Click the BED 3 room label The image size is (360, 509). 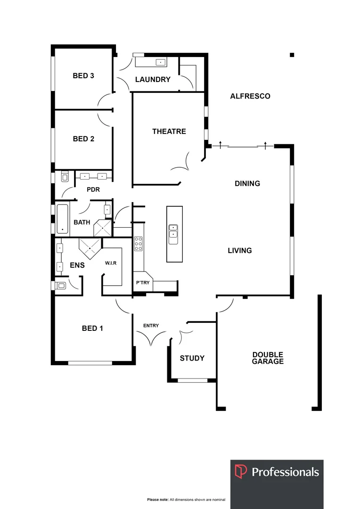click(x=83, y=75)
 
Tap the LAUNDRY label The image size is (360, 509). click(x=153, y=79)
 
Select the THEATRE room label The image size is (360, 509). click(x=169, y=131)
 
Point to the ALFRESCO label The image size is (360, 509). click(x=250, y=96)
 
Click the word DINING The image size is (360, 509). click(x=247, y=183)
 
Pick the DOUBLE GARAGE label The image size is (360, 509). click(x=268, y=358)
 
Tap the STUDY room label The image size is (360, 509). click(x=192, y=358)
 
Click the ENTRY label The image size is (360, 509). click(x=151, y=326)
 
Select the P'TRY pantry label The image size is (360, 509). click(x=142, y=283)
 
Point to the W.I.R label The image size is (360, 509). click(x=111, y=263)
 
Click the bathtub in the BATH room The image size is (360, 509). click(x=62, y=219)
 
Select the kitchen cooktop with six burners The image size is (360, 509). click(x=139, y=244)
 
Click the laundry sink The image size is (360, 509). click(x=161, y=62)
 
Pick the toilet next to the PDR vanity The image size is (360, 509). click(x=65, y=177)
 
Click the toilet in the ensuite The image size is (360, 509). click(x=60, y=285)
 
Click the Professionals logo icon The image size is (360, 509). click(x=241, y=472)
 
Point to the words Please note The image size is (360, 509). click(x=158, y=500)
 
